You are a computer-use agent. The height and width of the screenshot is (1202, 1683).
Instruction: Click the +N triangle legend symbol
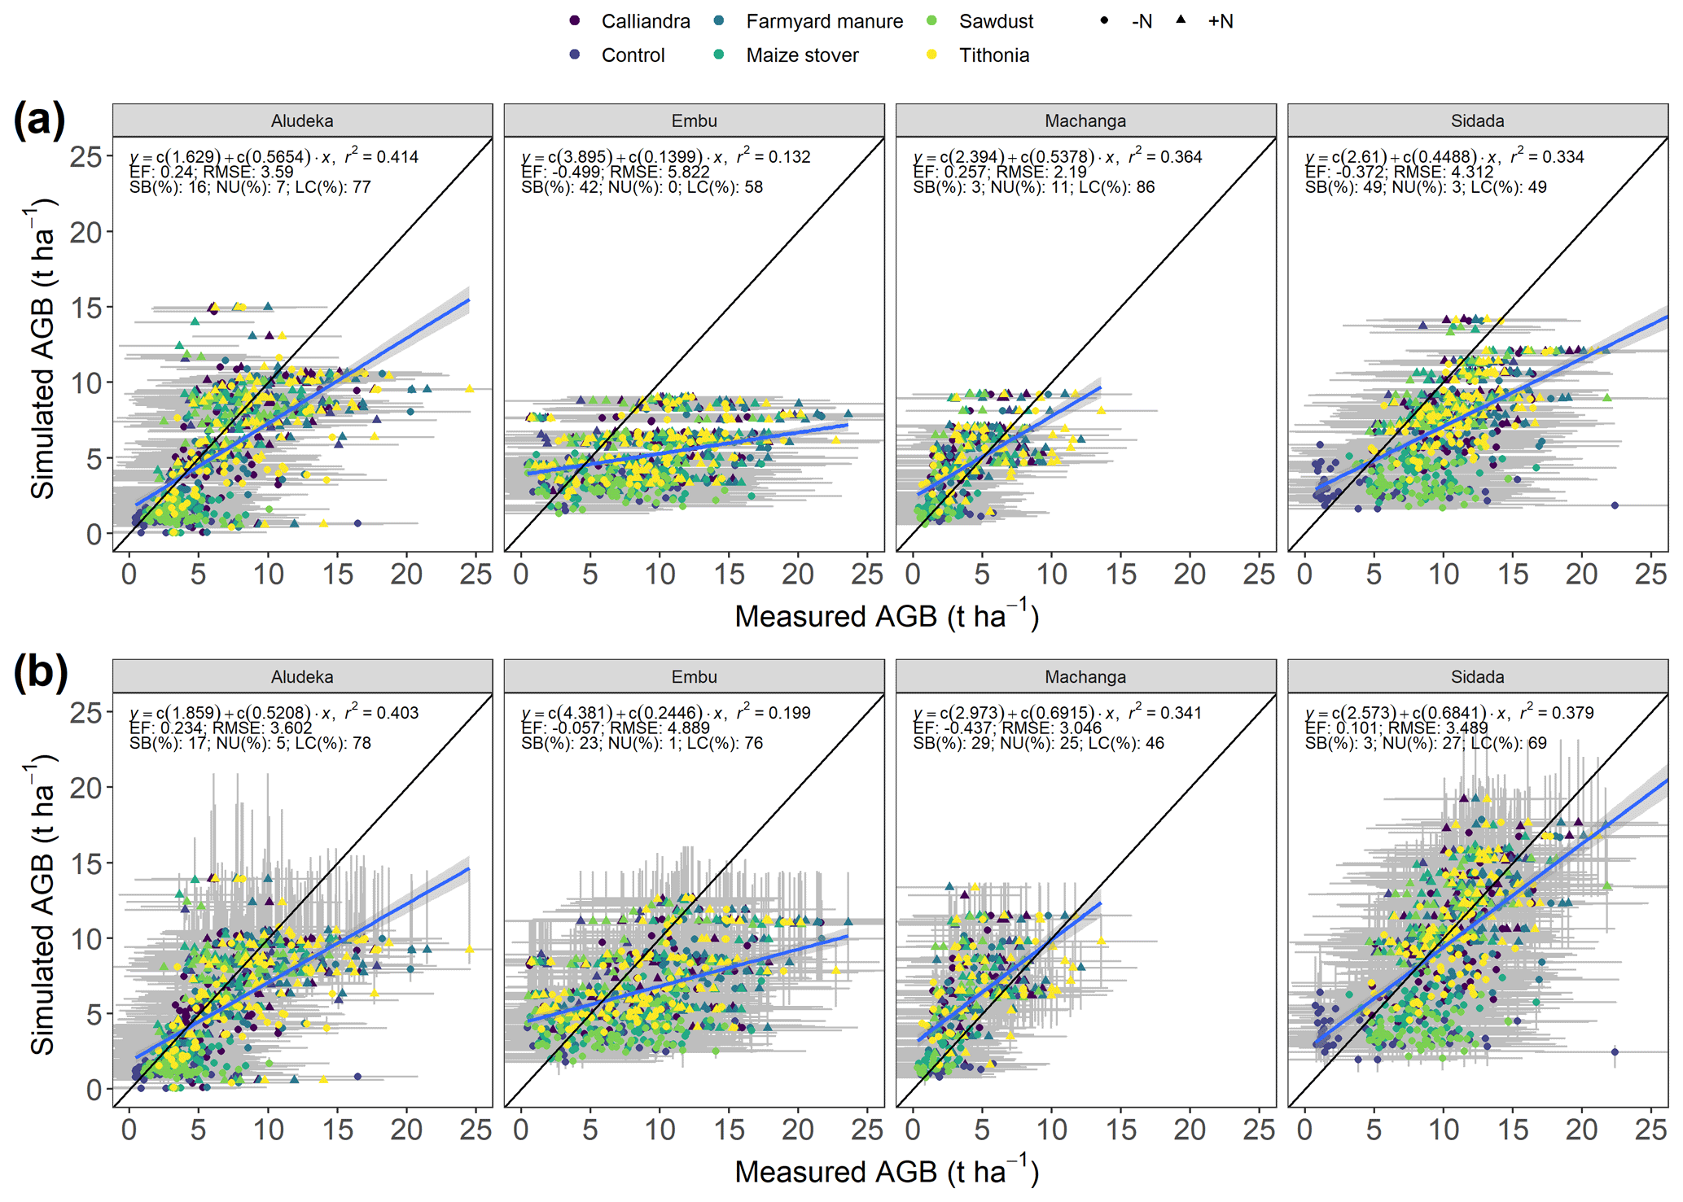(x=1181, y=20)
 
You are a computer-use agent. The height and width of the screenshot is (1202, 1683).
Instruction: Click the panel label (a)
(x=38, y=120)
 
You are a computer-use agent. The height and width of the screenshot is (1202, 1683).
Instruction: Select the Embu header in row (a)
(x=694, y=121)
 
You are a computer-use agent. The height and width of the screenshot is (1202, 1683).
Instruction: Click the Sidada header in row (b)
(x=1477, y=677)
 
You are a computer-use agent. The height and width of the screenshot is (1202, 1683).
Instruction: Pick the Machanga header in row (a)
(x=1085, y=121)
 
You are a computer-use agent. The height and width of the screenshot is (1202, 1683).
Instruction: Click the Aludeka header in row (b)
(x=302, y=677)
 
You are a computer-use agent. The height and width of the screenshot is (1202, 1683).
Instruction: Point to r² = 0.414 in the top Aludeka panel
(x=381, y=156)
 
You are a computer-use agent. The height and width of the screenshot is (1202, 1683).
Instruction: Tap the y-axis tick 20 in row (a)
(x=86, y=233)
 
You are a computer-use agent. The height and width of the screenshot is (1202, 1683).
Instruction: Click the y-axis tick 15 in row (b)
(x=86, y=863)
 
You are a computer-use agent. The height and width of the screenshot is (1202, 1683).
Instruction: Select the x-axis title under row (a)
(x=887, y=616)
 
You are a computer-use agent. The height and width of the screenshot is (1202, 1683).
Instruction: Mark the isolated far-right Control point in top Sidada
(x=1615, y=505)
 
